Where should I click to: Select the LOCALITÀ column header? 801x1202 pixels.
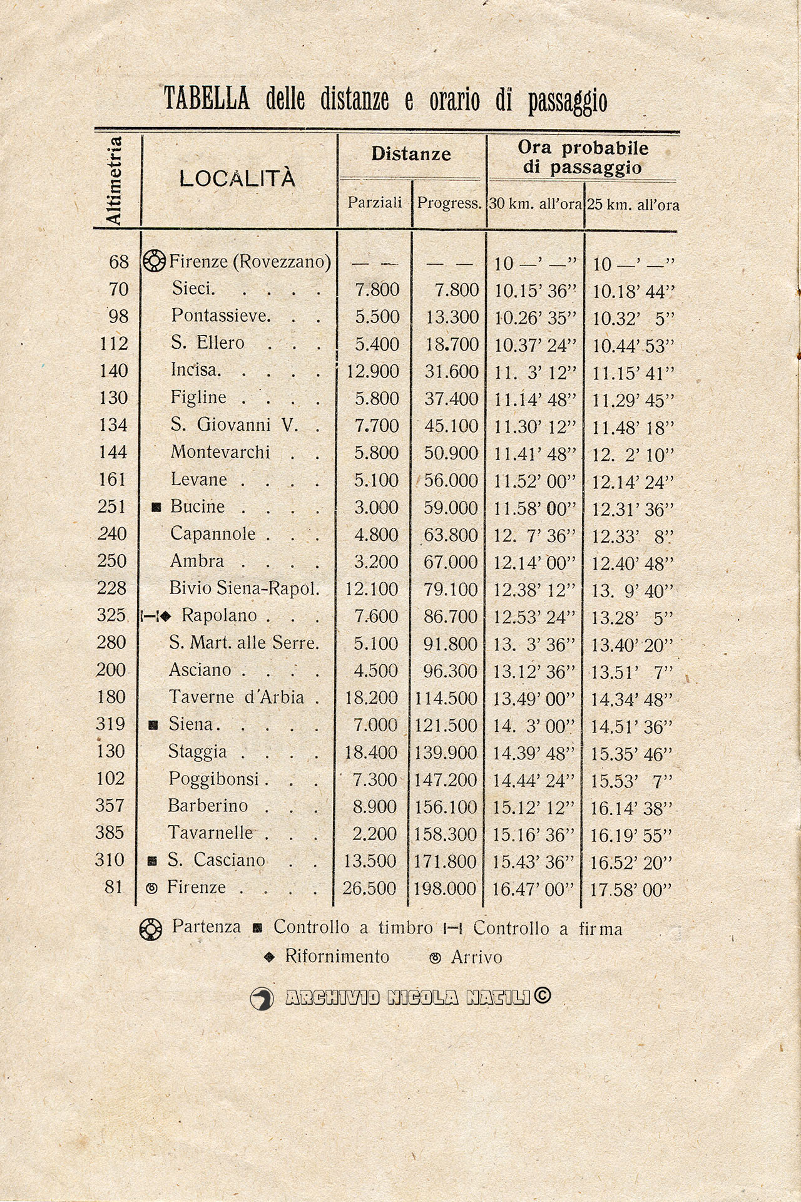tap(237, 179)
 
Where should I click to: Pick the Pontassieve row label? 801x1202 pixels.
tap(220, 316)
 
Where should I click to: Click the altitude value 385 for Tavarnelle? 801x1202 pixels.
tap(112, 833)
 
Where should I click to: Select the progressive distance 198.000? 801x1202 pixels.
tap(446, 888)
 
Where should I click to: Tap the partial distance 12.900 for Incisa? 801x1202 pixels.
tap(372, 371)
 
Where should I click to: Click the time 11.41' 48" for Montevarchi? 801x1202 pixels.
tap(534, 453)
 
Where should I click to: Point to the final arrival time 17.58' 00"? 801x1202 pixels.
tap(631, 890)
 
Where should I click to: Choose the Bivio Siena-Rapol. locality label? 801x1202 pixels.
tap(244, 588)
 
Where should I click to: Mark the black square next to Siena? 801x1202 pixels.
tap(151, 726)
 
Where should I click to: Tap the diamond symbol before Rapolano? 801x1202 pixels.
tap(165, 616)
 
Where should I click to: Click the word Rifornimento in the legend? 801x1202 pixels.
tap(337, 957)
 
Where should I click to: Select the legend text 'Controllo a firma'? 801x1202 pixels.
tap(548, 928)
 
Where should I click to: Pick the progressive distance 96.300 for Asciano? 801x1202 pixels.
tap(446, 670)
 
